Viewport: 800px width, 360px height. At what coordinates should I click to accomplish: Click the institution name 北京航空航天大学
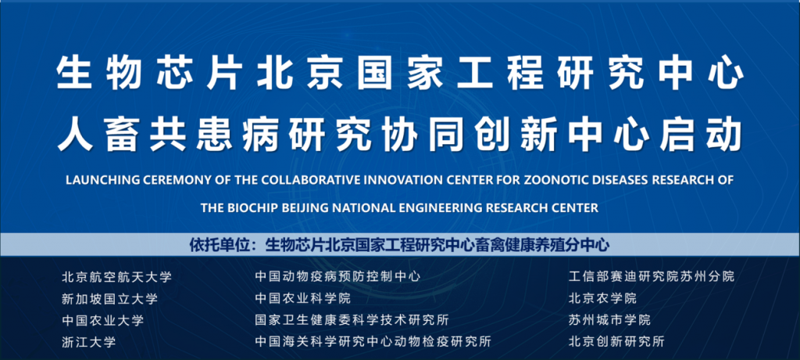pyautogui.click(x=117, y=277)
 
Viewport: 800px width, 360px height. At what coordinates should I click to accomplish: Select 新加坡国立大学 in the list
pyautogui.click(x=109, y=299)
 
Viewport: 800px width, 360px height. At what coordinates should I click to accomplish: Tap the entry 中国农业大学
pyautogui.click(x=102, y=321)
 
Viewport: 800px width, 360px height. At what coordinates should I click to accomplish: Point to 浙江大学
pyautogui.click(x=89, y=342)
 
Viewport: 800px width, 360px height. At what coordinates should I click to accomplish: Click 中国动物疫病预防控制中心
pyautogui.click(x=337, y=277)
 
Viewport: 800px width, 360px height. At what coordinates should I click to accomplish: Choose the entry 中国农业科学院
pyautogui.click(x=303, y=299)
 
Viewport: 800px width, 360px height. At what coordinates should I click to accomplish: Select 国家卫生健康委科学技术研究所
pyautogui.click(x=352, y=321)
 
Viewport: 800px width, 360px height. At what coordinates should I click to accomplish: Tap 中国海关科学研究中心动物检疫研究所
pyautogui.click(x=373, y=342)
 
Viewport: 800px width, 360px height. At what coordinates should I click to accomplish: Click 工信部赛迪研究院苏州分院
pyautogui.click(x=652, y=277)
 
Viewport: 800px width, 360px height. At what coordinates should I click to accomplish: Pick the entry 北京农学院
pyautogui.click(x=602, y=299)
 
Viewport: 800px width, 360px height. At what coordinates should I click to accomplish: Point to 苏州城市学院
pyautogui.click(x=609, y=321)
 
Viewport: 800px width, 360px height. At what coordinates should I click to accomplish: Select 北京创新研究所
pyautogui.click(x=616, y=342)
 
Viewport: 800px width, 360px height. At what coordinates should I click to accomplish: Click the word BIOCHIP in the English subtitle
pyautogui.click(x=245, y=208)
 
